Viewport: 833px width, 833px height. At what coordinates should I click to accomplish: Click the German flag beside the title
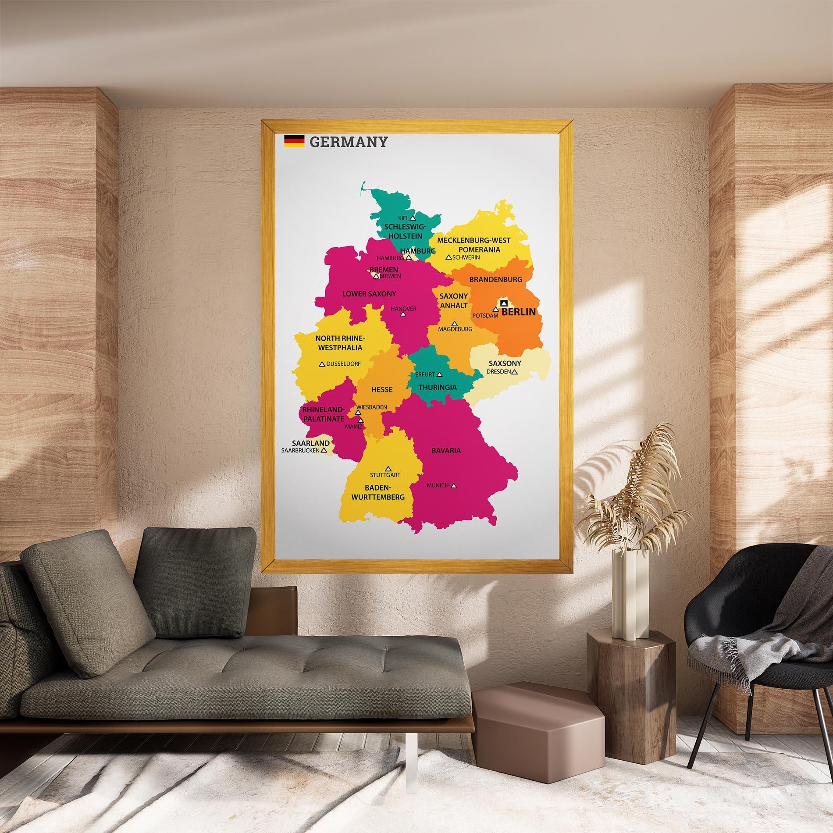(x=294, y=141)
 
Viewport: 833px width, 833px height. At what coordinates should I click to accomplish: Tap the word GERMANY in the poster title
(x=349, y=142)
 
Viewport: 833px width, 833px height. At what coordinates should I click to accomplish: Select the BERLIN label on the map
(x=519, y=312)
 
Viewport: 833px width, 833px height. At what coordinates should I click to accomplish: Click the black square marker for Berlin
(x=503, y=303)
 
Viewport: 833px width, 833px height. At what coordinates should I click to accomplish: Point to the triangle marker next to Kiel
(x=413, y=217)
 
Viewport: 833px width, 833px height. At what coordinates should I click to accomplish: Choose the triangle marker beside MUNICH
(x=454, y=486)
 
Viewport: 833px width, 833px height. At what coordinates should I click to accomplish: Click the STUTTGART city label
(x=385, y=475)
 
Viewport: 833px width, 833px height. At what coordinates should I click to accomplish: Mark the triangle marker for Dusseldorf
(x=322, y=364)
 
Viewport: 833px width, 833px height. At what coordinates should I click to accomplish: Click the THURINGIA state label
(x=437, y=388)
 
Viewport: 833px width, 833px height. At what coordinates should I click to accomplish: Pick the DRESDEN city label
(x=498, y=372)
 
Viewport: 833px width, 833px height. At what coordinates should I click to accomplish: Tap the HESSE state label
(x=382, y=389)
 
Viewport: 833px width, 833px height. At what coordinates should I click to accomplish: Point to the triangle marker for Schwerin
(x=448, y=257)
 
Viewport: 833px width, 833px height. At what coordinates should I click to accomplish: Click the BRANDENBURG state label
(x=495, y=279)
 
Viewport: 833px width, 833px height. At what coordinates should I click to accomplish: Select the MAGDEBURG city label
(x=455, y=329)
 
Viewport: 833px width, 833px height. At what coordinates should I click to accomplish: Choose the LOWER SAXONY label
(x=369, y=294)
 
